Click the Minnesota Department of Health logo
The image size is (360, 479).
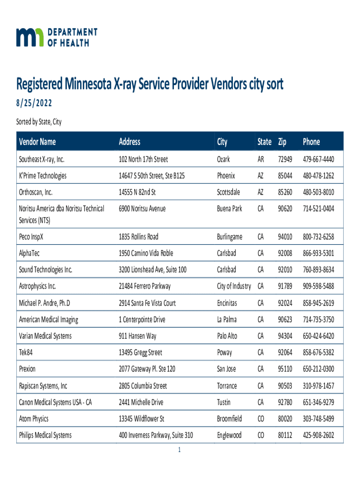point(57,37)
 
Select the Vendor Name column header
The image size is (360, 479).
point(37,141)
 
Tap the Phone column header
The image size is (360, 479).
point(311,141)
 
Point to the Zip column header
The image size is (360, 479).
point(282,141)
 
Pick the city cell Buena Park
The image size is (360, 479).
point(230,209)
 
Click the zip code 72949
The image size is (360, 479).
point(285,160)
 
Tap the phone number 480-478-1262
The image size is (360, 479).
point(318,176)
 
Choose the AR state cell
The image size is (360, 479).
point(261,160)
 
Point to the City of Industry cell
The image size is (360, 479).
point(234,286)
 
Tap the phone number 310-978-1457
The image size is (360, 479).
point(318,386)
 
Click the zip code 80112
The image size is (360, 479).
point(285,435)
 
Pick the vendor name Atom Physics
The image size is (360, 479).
point(34,419)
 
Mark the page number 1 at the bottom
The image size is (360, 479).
point(179,450)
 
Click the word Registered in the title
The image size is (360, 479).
point(40,85)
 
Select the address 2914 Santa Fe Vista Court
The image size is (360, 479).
point(147,303)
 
